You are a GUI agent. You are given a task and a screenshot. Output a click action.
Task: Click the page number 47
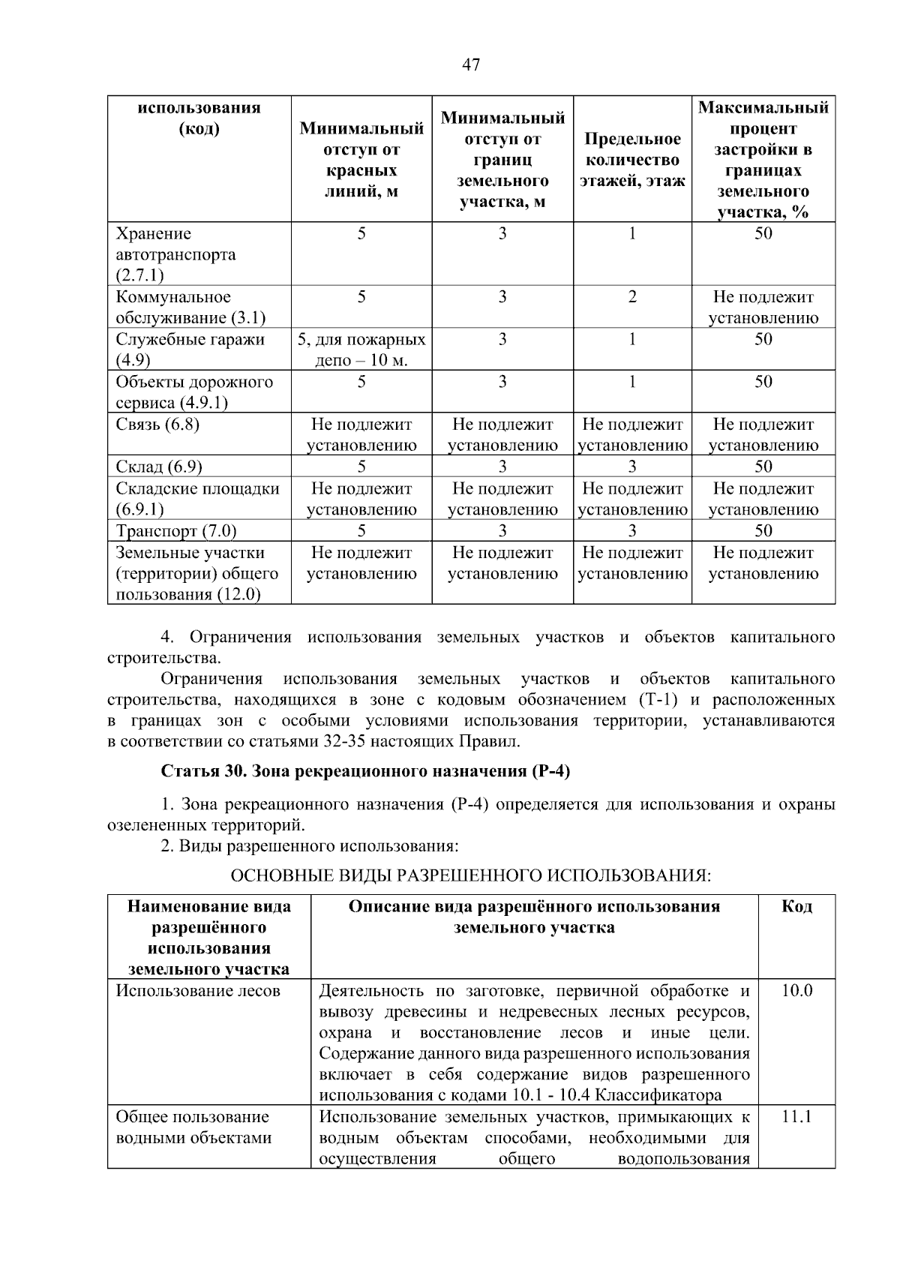[471, 65]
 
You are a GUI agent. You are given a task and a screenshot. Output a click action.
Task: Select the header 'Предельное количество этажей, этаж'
[632, 160]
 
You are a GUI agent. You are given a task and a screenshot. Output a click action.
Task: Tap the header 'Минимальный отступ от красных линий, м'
[361, 160]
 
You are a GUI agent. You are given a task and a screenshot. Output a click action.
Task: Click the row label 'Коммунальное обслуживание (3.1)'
[190, 307]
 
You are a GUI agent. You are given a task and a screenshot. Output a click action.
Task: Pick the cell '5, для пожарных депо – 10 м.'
[361, 350]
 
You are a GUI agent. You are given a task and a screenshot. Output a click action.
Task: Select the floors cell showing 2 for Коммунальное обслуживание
[632, 297]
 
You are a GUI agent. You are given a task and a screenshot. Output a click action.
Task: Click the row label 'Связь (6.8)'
[157, 425]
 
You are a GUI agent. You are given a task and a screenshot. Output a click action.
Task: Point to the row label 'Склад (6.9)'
[159, 467]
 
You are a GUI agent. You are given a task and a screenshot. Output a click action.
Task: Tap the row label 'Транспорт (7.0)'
[175, 531]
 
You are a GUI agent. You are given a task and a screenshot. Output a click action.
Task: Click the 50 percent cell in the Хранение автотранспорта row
[763, 234]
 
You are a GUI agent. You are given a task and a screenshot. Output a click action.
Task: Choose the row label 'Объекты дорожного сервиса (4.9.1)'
[193, 392]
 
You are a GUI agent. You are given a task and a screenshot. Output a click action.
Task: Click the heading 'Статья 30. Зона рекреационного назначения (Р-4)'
[366, 771]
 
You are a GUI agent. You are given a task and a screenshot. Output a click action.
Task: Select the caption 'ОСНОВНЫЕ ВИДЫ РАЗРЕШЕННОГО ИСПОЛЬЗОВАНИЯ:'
[470, 875]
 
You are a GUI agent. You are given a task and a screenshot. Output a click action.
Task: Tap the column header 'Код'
[796, 906]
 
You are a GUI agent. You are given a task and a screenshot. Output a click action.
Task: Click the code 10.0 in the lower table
[796, 991]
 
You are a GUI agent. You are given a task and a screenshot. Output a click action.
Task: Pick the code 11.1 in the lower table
[796, 1117]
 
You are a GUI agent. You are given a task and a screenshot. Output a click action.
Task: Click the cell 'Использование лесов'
[198, 991]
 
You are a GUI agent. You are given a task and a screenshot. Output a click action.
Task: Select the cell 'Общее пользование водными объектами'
[193, 1127]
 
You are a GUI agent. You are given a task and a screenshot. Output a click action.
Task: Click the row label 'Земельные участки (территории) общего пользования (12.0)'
[196, 574]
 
